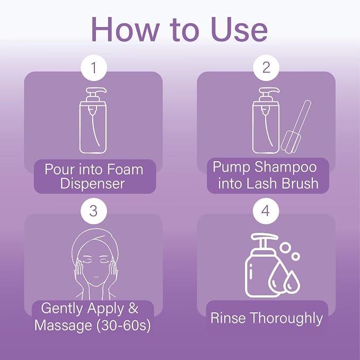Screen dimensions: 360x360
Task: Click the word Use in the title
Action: pos(239,30)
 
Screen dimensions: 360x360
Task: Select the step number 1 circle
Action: pos(94,68)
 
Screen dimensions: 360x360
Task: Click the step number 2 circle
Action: pos(266,68)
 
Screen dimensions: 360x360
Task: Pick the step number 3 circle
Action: pos(94,211)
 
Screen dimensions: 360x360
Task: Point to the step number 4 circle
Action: pos(266,211)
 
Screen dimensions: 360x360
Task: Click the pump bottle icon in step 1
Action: pos(93,120)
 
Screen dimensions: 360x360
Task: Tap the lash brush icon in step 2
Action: pos(296,127)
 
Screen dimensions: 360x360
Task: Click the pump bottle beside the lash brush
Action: pos(266,120)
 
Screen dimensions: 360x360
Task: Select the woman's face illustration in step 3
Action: pos(95,264)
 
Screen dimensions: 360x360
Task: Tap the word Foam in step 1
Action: pos(125,170)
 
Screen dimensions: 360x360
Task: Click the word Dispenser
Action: pos(92,183)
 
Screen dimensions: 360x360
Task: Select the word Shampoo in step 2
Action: pos(286,168)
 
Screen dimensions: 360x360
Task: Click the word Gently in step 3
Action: pos(62,309)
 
